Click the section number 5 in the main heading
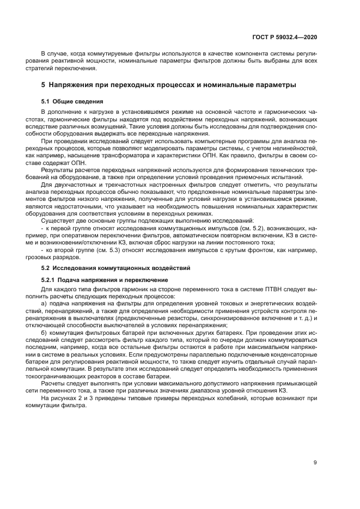click(x=44, y=85)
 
